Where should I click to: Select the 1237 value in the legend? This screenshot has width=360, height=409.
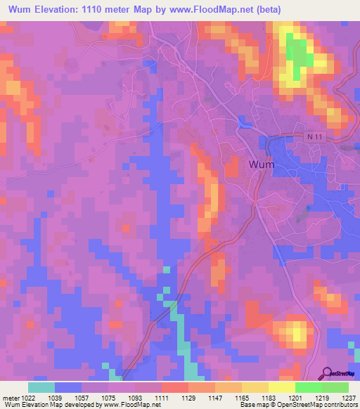tap(349, 398)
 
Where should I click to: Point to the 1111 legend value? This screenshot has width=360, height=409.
tap(162, 398)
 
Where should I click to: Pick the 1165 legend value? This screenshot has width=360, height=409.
tap(242, 398)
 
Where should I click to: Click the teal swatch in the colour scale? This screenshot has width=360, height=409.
tap(41, 387)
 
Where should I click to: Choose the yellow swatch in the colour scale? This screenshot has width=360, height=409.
tap(281, 387)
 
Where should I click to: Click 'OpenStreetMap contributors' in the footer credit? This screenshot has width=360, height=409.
tap(316, 405)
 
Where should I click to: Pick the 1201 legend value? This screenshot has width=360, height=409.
tap(295, 398)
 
